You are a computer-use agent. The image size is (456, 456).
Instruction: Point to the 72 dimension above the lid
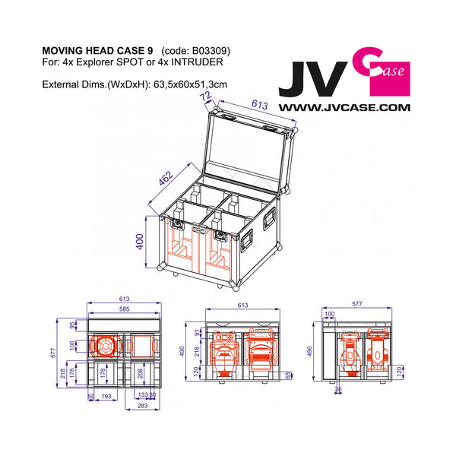coord(204,98)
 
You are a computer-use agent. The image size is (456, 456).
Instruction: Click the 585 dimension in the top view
coord(124,309)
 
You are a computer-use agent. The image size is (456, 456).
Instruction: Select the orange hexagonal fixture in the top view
coord(105,345)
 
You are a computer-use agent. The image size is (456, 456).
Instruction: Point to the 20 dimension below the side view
coord(338,390)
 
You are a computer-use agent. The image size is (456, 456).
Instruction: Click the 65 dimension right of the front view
coord(288,375)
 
